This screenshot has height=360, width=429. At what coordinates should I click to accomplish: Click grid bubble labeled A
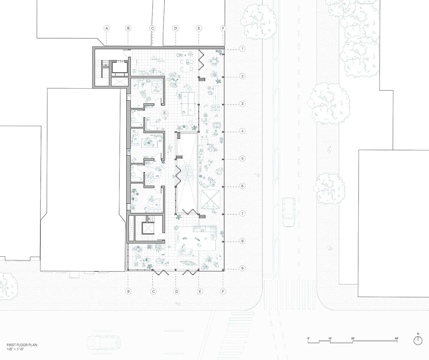pos(106,28)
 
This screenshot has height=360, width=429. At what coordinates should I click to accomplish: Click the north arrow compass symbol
pos(417,341)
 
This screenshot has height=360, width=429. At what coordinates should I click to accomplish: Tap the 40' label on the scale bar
pos(396,338)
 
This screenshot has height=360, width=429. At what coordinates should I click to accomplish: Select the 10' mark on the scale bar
pos(330,338)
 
